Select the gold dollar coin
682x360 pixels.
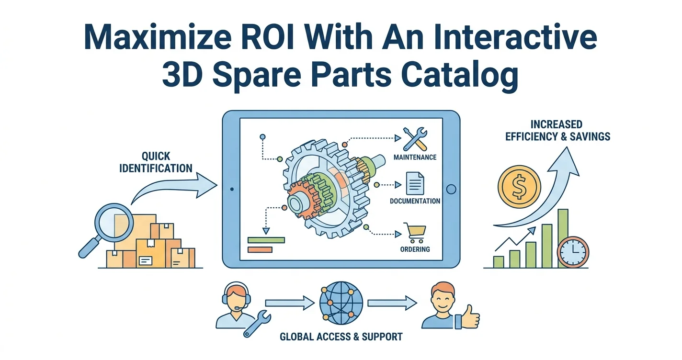520,187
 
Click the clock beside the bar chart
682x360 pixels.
573,252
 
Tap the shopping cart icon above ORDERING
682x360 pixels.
414,233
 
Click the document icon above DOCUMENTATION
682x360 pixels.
415,183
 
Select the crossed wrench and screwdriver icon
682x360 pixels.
415,139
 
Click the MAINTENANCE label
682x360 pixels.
415,157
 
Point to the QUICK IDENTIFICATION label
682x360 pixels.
156,162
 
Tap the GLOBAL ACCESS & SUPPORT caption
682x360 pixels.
341,337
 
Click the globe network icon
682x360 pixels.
341,303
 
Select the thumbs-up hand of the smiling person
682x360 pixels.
467,317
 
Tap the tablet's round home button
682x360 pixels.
451,189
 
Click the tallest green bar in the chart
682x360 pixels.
563,238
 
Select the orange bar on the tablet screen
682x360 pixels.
260,250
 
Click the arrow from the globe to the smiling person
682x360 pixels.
392,303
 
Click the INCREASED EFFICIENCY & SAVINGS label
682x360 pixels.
558,131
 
